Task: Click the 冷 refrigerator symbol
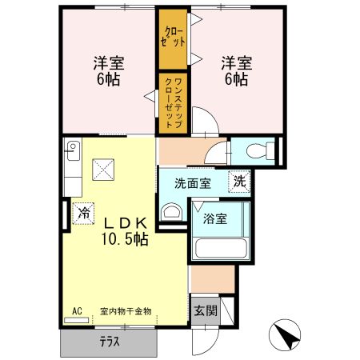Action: (x=82, y=213)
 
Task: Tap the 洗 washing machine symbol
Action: (x=239, y=181)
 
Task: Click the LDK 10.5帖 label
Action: (x=123, y=230)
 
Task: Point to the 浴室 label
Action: (x=214, y=218)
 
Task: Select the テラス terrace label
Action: (x=110, y=341)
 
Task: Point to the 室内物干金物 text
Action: (x=127, y=311)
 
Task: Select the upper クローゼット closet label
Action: (x=173, y=37)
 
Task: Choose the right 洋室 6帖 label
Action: (x=234, y=70)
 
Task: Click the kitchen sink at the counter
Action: (x=71, y=150)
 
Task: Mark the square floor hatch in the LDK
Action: (x=103, y=169)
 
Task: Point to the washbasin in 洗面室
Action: (x=170, y=212)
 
